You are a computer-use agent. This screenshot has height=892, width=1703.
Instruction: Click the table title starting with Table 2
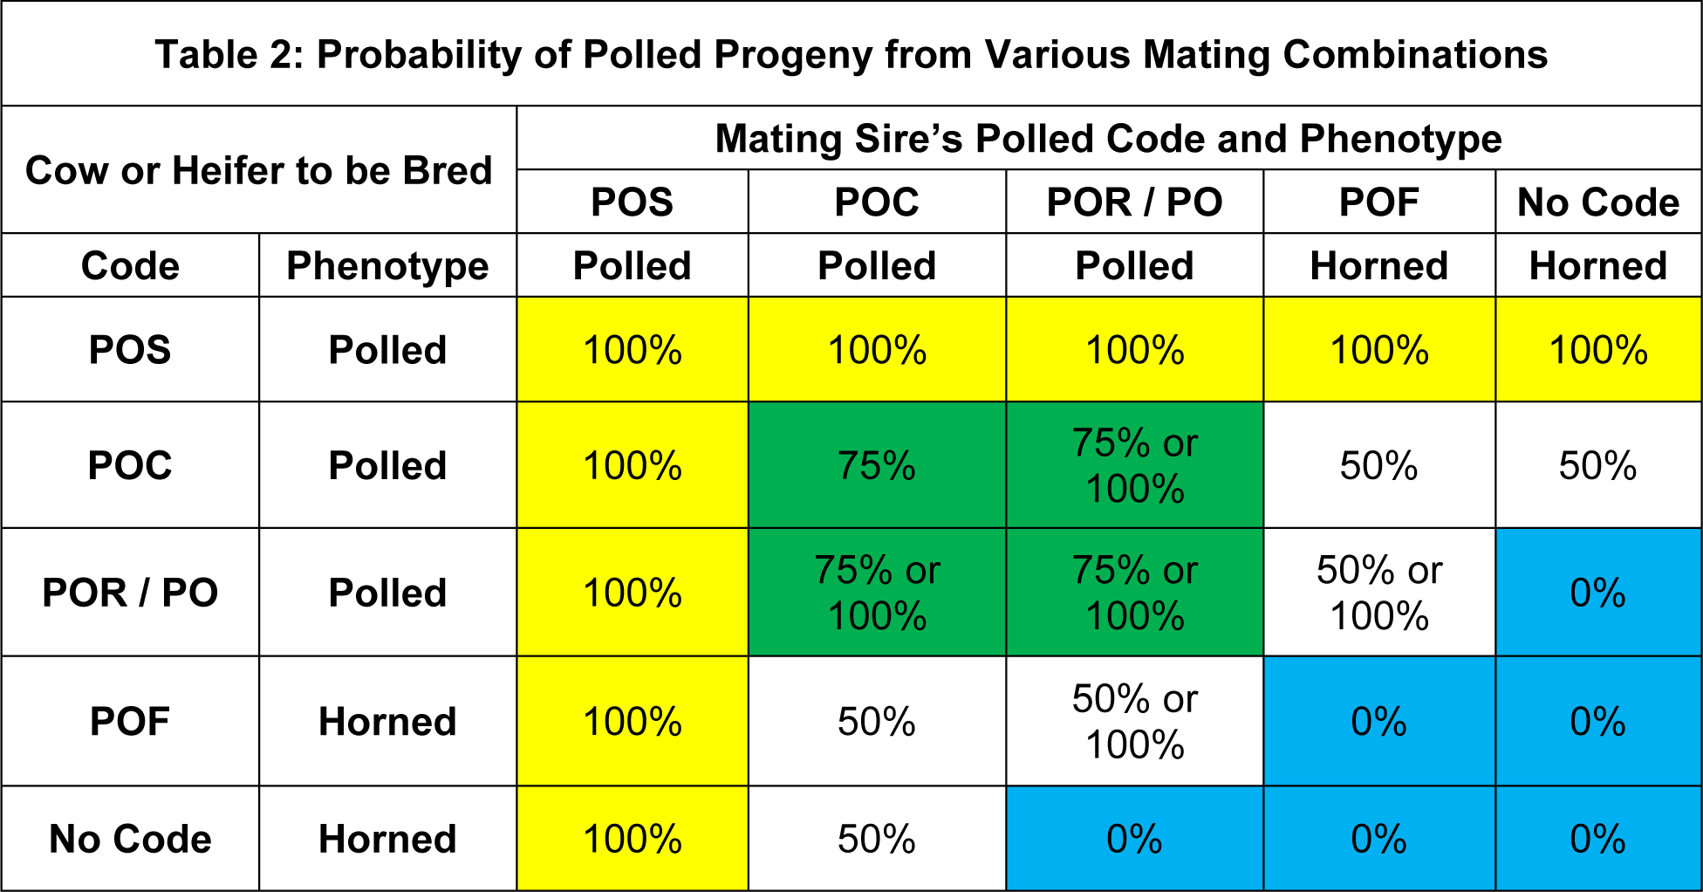click(x=851, y=54)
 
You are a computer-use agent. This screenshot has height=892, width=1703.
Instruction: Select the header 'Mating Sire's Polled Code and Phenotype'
click(x=1108, y=139)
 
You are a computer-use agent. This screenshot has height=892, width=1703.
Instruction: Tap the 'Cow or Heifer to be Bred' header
click(x=259, y=170)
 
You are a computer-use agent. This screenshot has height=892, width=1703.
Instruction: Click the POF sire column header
click(x=1378, y=202)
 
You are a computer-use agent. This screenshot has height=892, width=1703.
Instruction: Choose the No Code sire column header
click(x=1598, y=202)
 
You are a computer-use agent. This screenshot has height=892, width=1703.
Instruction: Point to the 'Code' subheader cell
click(x=130, y=265)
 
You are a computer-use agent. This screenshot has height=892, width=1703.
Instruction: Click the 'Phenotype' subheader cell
click(x=387, y=265)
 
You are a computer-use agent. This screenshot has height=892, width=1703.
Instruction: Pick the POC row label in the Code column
click(x=130, y=465)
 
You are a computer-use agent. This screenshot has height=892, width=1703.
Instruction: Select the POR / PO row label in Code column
click(x=130, y=593)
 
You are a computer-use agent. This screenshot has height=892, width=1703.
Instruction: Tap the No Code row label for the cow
click(x=130, y=839)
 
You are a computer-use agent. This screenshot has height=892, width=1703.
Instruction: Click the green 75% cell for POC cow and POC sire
click(x=877, y=465)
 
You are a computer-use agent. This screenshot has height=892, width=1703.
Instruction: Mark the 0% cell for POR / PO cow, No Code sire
click(x=1598, y=593)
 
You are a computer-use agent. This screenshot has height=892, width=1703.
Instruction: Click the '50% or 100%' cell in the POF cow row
click(x=1134, y=722)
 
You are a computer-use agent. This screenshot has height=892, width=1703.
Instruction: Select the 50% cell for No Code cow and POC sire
click(x=877, y=839)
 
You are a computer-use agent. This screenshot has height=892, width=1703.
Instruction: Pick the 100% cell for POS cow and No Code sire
click(x=1598, y=350)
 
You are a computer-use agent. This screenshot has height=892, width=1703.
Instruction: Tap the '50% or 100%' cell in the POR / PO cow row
click(x=1378, y=593)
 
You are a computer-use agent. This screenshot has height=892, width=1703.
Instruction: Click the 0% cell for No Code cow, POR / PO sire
click(x=1134, y=839)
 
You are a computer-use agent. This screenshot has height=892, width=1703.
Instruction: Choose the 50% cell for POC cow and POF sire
click(x=1378, y=465)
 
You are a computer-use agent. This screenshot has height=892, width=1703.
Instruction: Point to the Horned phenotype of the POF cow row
click(x=387, y=722)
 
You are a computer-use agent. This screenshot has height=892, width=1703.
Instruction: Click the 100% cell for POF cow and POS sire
click(x=633, y=722)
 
